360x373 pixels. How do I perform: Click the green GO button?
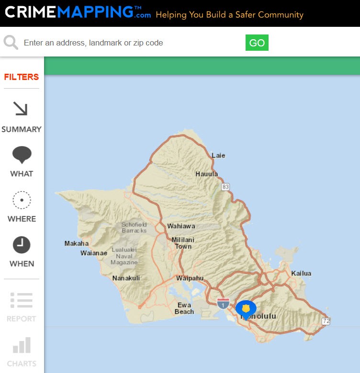(257, 43)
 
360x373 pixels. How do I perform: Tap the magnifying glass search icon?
(11, 43)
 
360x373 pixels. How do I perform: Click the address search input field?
(129, 43)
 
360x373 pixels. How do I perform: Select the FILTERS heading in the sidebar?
(22, 77)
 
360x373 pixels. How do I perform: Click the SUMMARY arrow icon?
(21, 109)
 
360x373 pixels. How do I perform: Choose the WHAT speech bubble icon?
(22, 155)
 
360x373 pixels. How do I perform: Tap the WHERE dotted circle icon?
(22, 200)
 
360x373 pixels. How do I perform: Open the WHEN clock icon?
(22, 245)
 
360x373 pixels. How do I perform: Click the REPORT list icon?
(22, 300)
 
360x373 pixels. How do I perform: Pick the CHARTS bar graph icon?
(22, 345)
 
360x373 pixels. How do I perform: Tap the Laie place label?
(218, 156)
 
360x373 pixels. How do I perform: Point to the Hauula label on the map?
(206, 174)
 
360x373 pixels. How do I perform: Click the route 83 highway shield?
(225, 187)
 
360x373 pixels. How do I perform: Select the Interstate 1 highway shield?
(223, 303)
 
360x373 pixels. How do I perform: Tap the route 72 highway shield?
(326, 321)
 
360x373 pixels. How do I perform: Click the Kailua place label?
(301, 273)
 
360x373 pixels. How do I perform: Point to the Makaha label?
(77, 244)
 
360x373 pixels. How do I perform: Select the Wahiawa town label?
(181, 226)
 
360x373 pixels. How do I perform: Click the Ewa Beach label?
(184, 308)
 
